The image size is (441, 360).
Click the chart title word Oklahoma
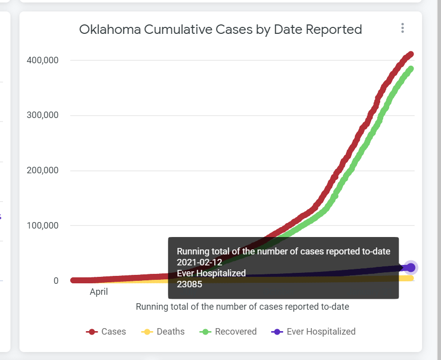pos(110,29)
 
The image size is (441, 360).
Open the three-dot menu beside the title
pos(403,28)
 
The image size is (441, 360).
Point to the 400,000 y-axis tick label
pos(42,60)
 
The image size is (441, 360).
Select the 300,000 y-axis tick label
pos(42,115)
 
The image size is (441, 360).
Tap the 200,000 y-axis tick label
pos(42,170)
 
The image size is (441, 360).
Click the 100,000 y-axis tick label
pos(42,226)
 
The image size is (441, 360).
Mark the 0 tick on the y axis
pos(56,281)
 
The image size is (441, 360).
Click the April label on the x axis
pos(99,292)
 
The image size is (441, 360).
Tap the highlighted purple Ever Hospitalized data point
pos(411,267)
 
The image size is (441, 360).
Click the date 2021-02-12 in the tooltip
pos(199,262)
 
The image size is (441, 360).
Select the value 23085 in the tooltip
pos(189,284)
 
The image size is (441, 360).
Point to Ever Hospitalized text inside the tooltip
pos(211,273)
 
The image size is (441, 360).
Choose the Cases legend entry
pos(106,332)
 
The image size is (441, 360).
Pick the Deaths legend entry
pos(163,332)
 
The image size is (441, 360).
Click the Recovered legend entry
pos(228,332)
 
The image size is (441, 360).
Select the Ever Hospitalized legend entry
pos(313,332)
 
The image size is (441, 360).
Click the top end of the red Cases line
pos(411,54)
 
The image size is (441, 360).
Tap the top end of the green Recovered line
pos(411,69)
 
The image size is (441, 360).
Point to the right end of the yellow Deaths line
pos(412,278)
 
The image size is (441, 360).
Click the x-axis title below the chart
pos(243,307)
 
